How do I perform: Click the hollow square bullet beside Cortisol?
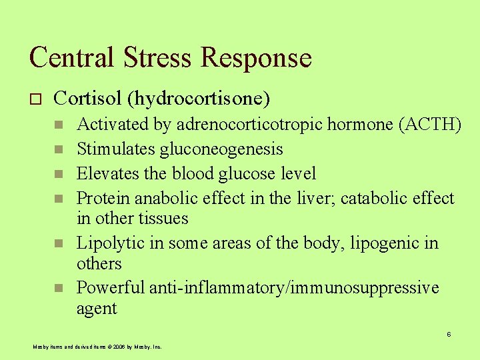pos(36,99)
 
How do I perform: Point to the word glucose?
pos(247,174)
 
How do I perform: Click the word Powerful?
pos(111,287)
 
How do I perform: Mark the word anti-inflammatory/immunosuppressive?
pos(294,287)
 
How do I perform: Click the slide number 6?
pos(449,334)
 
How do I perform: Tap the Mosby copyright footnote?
pos(97,347)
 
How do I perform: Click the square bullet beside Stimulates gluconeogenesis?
pos(59,149)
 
